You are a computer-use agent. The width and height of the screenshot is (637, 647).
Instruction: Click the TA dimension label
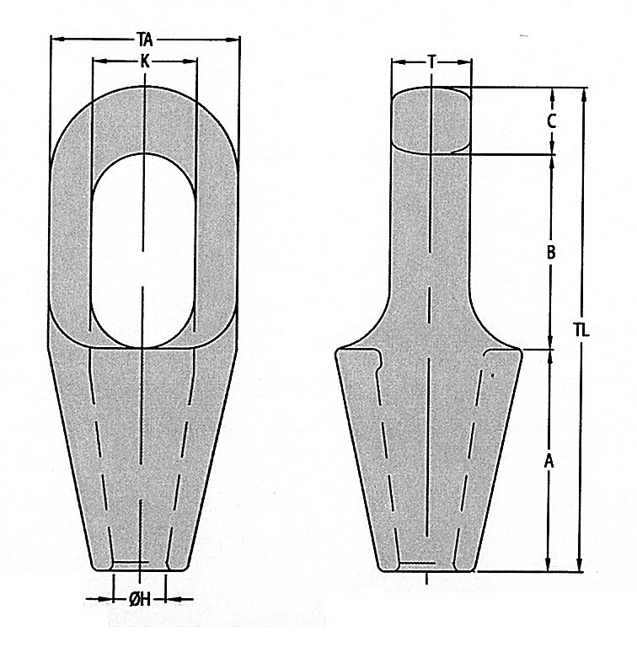tap(145, 40)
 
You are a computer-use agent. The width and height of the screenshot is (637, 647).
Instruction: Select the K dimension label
tap(145, 61)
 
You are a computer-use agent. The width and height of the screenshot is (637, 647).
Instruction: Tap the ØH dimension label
tap(139, 599)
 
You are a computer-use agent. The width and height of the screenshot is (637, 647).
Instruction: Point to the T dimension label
tap(431, 61)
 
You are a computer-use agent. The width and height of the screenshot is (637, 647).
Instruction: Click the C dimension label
tap(552, 121)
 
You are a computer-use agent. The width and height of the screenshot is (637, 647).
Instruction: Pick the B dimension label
tap(551, 252)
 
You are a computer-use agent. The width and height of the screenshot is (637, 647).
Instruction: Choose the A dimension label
tap(549, 461)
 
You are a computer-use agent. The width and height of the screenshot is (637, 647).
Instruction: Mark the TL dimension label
tap(582, 330)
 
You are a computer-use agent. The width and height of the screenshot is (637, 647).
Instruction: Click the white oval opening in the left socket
tap(142, 250)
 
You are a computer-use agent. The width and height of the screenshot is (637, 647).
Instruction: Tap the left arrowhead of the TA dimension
tap(56, 40)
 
